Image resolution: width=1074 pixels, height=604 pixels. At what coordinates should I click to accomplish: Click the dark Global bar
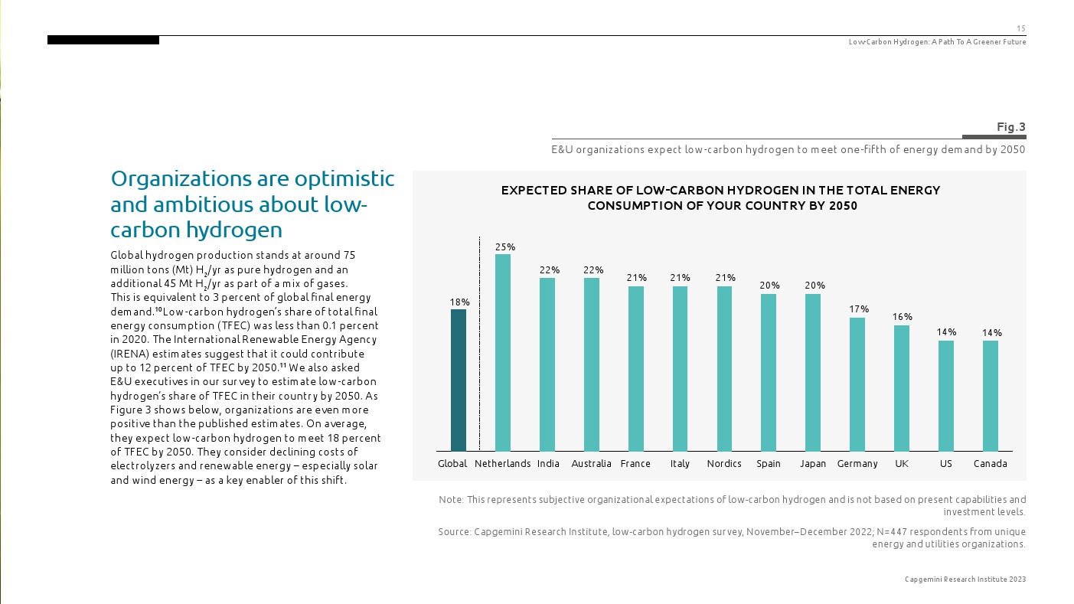click(x=458, y=380)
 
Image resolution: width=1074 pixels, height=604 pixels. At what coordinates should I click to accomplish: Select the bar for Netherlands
click(x=502, y=352)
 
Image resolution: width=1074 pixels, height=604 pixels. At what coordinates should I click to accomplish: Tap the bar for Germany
click(x=857, y=384)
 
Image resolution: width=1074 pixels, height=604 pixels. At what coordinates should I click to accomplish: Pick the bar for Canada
click(x=990, y=396)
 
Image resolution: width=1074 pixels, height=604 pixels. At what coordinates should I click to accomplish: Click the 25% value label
click(x=504, y=247)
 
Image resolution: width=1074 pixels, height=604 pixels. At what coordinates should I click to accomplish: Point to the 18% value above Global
click(x=459, y=302)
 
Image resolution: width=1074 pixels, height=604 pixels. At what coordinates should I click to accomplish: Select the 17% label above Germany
click(x=859, y=309)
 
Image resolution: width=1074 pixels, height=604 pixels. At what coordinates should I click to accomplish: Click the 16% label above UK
click(x=903, y=317)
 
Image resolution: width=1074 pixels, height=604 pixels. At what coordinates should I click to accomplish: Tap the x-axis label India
click(x=548, y=464)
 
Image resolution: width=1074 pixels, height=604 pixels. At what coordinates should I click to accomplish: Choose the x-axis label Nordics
click(x=723, y=464)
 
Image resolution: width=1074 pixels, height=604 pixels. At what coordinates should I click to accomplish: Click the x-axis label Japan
click(x=812, y=464)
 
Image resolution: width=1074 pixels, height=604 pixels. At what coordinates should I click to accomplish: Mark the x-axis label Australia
click(x=591, y=464)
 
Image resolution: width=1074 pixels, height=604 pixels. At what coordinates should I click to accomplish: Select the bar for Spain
click(x=769, y=372)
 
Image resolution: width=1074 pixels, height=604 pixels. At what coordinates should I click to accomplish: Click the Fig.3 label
click(x=1010, y=127)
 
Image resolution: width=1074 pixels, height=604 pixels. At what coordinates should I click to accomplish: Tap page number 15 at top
click(x=1020, y=28)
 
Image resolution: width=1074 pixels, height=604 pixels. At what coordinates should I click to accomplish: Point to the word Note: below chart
click(x=451, y=500)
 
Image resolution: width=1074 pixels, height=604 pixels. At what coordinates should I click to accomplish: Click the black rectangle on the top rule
click(x=103, y=40)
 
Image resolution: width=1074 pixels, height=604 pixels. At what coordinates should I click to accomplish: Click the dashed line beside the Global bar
click(x=479, y=344)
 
